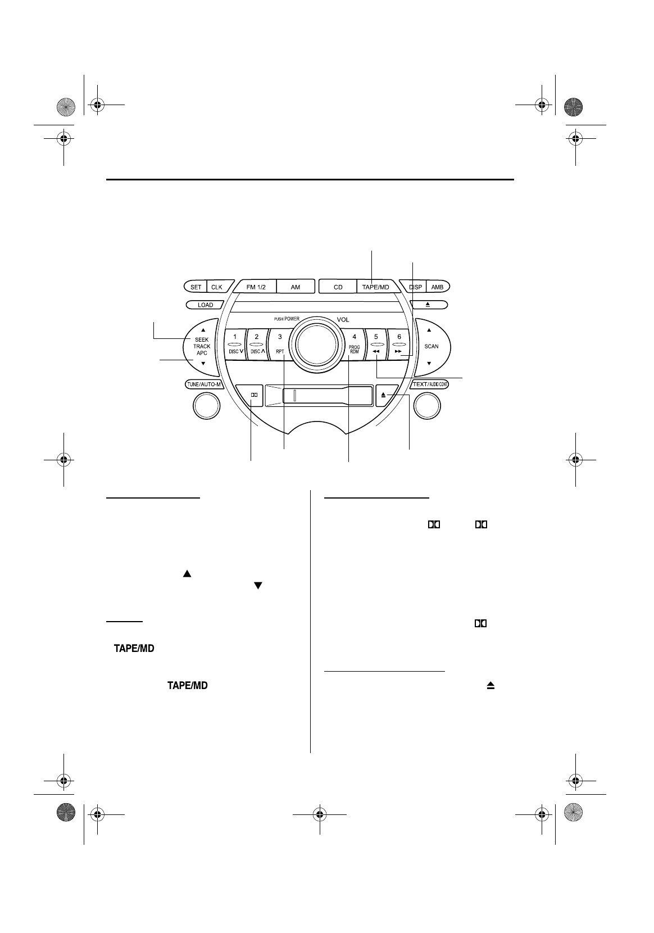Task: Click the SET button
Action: coord(196,287)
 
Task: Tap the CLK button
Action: coord(217,287)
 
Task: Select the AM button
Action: coord(295,287)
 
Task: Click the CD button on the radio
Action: coord(338,287)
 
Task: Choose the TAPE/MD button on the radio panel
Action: coord(375,287)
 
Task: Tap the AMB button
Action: coord(437,287)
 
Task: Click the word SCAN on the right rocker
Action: coord(432,346)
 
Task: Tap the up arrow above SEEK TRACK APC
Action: coord(203,330)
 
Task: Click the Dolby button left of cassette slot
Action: coord(254,395)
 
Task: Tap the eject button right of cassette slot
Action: coord(384,395)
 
